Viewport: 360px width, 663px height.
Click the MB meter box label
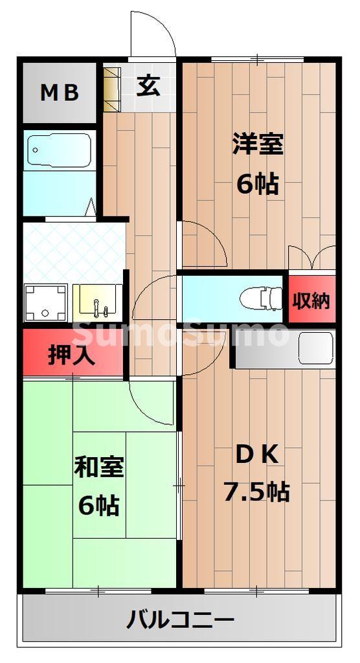(x=60, y=93)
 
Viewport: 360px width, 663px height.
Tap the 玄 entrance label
(x=148, y=85)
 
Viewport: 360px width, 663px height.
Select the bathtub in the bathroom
(x=59, y=152)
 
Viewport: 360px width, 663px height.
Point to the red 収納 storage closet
(x=312, y=300)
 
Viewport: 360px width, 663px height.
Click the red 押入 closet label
(x=71, y=354)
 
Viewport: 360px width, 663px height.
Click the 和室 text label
(x=99, y=467)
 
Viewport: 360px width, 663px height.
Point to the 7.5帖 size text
(x=256, y=492)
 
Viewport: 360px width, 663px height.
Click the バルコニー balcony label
(x=180, y=622)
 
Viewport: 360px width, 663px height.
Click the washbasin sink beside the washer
(x=96, y=301)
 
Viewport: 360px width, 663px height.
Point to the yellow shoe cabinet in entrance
(x=111, y=87)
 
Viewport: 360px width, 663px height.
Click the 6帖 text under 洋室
(x=258, y=185)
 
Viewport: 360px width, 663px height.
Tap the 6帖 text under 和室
(x=99, y=505)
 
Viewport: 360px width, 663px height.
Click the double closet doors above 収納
(x=312, y=257)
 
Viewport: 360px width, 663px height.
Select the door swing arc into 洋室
(x=204, y=243)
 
